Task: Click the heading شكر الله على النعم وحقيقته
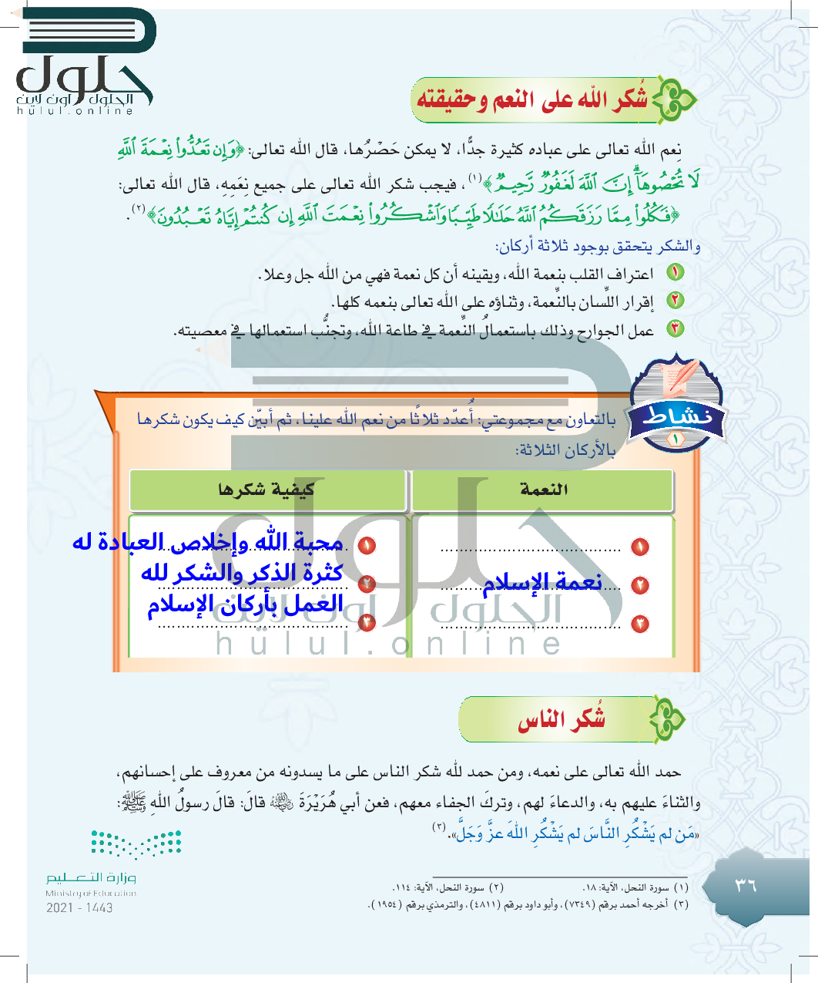tap(531, 100)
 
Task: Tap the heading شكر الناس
tap(562, 720)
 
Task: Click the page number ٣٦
tap(745, 884)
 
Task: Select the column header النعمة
tap(544, 490)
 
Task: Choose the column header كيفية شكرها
tap(267, 490)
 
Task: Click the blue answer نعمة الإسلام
tap(542, 583)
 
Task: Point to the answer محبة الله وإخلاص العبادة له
tap(208, 542)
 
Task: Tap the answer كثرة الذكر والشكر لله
tap(242, 573)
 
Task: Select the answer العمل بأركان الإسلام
tap(246, 604)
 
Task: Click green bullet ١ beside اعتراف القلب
tap(676, 272)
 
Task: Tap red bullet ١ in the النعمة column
tap(640, 547)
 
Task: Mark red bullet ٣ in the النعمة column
tap(640, 624)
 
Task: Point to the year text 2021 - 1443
tap(79, 907)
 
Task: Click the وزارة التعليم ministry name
tap(91, 878)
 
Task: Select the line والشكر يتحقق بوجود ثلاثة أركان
tap(598, 246)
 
